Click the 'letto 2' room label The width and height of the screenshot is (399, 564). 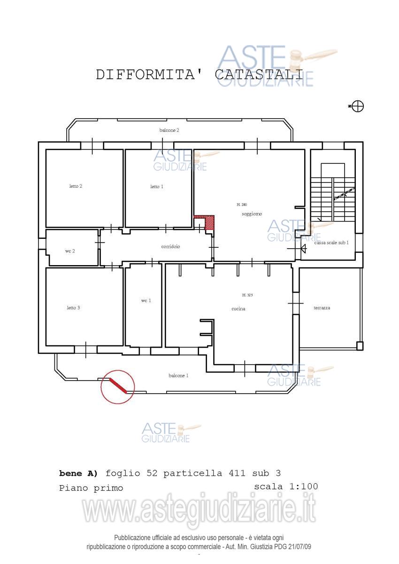pos(76,186)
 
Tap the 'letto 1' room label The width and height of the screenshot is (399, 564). pos(157,187)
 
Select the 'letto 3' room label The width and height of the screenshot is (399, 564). pos(73,308)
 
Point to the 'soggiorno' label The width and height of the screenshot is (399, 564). pos(252,214)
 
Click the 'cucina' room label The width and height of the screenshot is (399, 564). pos(238,309)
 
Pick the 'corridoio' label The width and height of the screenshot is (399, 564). pos(170,246)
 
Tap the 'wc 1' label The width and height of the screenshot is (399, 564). pos(146,301)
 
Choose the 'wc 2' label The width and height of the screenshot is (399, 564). pos(70,251)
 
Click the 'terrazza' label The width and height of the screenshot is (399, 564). pos(322,308)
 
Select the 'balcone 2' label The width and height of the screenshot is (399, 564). pos(169,130)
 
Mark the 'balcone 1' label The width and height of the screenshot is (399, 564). pos(178,376)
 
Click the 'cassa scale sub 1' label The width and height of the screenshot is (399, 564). pos(331,243)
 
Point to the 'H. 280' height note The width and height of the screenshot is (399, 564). pos(242,205)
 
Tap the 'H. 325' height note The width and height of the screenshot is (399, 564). pos(247,295)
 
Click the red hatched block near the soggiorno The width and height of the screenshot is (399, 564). pos(208,222)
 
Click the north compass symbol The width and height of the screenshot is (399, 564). pos(358,106)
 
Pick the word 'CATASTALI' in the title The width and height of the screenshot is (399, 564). pos(259,75)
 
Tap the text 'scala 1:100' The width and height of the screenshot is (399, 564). pos(286,486)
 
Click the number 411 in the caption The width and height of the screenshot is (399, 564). pos(237,473)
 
